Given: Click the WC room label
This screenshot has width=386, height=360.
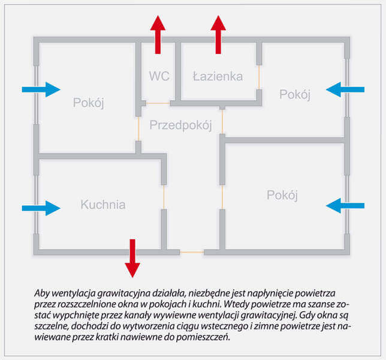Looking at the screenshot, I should pos(159,76).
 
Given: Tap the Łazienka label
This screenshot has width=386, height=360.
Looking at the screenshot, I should pos(218,76).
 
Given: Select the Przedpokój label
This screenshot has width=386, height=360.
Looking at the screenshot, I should pos(181,125).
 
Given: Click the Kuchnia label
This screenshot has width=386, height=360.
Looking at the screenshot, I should pos(103,205).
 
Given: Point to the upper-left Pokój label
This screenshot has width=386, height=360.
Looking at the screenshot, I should pos(89,103).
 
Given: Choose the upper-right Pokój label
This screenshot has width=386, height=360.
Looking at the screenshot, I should pos(295,94).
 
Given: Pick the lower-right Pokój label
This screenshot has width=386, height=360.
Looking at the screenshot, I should pos(282,195).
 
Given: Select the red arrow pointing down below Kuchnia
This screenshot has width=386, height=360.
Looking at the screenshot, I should pos(132,257).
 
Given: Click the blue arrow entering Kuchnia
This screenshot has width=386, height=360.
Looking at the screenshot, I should pos(41,208).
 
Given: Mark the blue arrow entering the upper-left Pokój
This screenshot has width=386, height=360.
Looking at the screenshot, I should pos(41,89).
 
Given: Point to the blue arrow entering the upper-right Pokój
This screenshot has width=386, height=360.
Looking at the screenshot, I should pos(345,89).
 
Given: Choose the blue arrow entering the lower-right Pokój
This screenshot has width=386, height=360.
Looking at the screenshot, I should pos(345,205).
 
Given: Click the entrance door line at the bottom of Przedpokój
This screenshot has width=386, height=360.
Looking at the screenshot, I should pos(192,252).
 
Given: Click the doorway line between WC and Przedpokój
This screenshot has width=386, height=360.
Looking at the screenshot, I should pos(158,103).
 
